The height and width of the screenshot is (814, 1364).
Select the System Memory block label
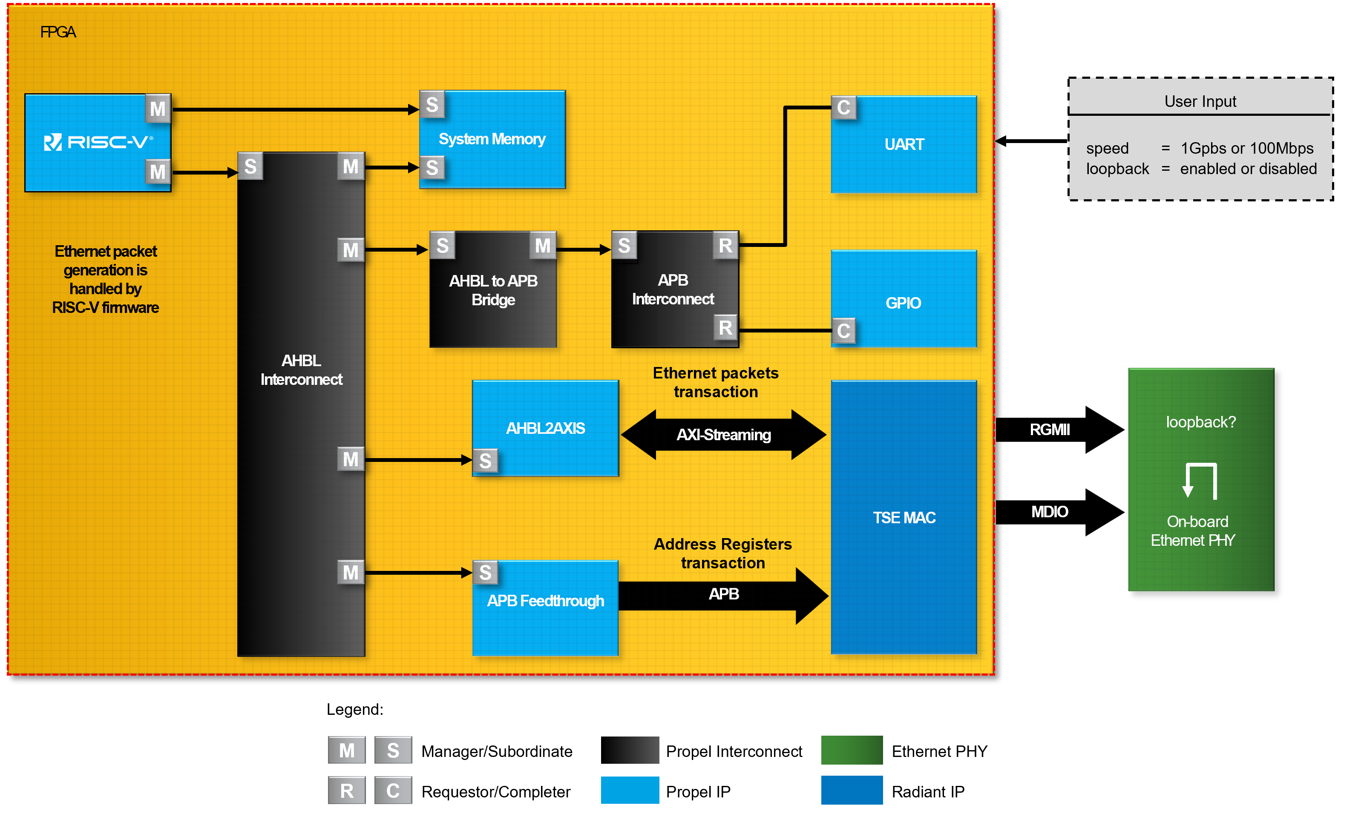tap(492, 139)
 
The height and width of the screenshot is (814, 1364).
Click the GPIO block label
tap(903, 303)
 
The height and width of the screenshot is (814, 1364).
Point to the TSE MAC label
tap(904, 517)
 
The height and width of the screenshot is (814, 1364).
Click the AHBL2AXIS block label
tap(545, 428)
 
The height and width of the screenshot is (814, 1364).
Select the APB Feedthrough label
tap(545, 601)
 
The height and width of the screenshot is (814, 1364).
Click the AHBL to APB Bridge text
tap(493, 290)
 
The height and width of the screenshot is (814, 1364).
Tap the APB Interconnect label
tap(673, 289)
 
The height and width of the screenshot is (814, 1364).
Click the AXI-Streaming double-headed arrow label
tap(723, 435)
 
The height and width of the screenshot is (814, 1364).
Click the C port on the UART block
tap(844, 108)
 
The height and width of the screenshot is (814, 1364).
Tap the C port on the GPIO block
tap(844, 331)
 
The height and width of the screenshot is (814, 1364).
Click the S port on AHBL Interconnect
tap(250, 166)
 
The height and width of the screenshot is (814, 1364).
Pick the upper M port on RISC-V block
tap(158, 109)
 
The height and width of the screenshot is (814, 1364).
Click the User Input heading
tap(1200, 101)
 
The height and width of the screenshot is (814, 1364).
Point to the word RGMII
tap(1049, 430)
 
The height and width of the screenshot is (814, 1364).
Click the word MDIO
tap(1049, 512)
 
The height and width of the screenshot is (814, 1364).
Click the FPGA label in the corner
tap(58, 32)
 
